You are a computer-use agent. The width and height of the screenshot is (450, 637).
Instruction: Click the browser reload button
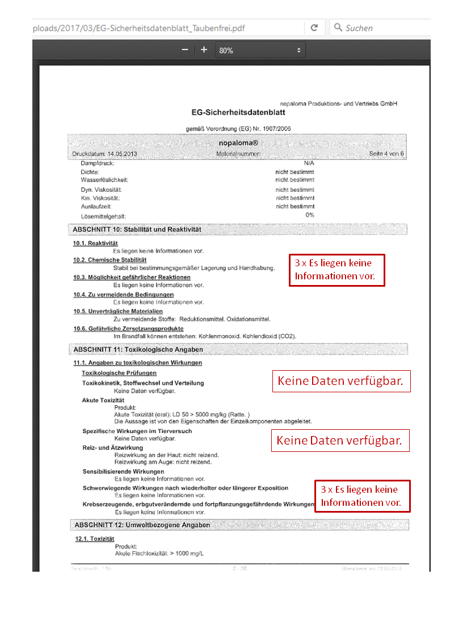314,27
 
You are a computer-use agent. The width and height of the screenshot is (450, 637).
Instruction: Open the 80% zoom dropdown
260,51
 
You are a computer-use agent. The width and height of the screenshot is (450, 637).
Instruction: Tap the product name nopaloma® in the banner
238,143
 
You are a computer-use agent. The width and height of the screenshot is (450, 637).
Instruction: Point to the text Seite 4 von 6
386,154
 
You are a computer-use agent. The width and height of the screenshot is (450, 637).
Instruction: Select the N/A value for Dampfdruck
309,163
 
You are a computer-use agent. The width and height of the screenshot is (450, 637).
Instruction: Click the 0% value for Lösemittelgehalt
310,215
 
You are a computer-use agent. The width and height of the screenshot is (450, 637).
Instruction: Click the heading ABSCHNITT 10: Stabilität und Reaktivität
137,229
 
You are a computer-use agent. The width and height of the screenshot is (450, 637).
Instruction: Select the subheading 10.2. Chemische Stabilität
110,260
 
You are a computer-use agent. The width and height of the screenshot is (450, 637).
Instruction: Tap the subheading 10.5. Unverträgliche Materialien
117,311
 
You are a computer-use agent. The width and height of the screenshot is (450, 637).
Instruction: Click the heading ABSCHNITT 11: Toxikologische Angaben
138,349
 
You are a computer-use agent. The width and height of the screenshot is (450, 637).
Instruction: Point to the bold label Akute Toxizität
103,400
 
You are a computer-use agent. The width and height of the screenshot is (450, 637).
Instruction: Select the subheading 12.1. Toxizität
95,539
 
